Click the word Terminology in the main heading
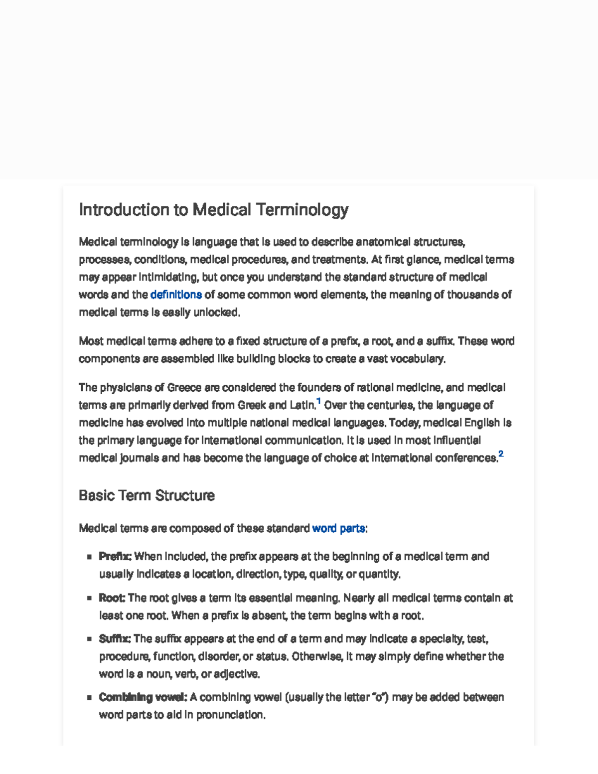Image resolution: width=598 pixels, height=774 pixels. (302, 210)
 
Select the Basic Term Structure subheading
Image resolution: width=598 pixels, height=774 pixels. (147, 495)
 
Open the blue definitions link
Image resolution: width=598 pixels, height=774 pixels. (176, 295)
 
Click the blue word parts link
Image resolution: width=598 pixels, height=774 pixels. (338, 528)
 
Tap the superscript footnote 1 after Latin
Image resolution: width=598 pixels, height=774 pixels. (319, 401)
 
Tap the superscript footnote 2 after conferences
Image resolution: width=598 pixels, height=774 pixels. (501, 454)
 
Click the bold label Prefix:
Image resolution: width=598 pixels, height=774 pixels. (115, 556)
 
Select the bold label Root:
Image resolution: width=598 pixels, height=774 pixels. (112, 598)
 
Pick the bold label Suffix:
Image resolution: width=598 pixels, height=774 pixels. (115, 639)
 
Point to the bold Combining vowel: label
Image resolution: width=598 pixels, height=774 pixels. (143, 697)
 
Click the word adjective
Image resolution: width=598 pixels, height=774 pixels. (237, 674)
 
